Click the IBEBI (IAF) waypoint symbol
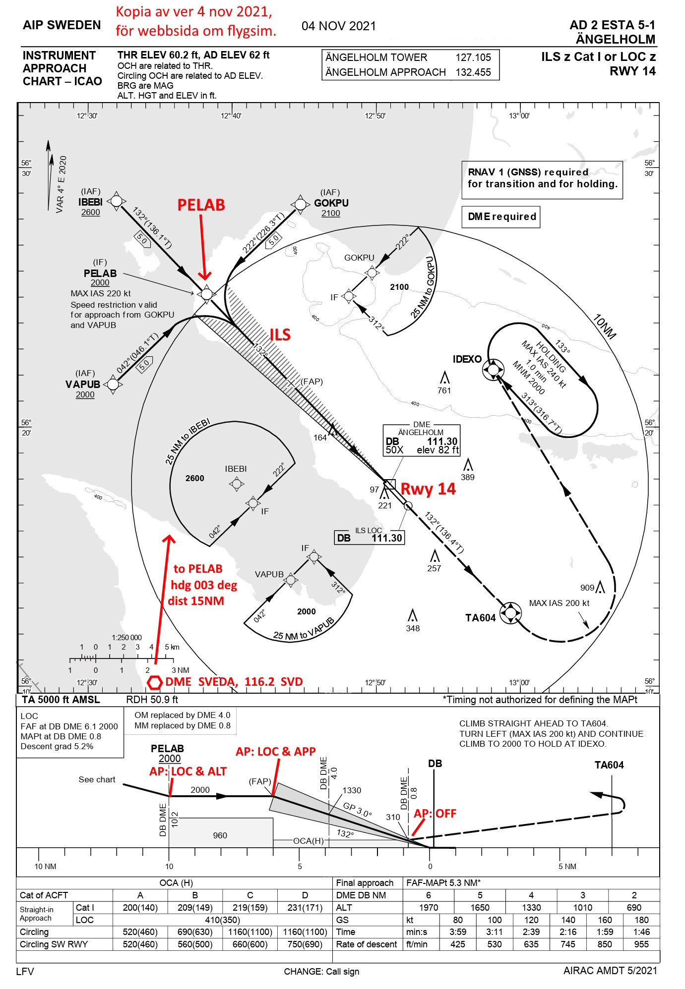coord(116,201)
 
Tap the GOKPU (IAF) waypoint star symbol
coord(300,204)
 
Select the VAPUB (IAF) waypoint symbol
coord(113,384)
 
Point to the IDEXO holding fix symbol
coord(493,369)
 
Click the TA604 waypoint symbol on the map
coord(510,613)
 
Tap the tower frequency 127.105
coord(473,57)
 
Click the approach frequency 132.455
coord(473,72)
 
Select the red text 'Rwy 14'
coord(428,489)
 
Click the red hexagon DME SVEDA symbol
coord(155,682)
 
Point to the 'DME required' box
coord(501,217)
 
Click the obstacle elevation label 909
coord(587,588)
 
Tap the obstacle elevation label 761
coord(444,390)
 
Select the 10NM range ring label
coord(604,327)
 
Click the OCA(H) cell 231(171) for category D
coord(305,907)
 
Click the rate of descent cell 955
coord(641,944)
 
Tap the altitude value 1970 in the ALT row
coord(428,907)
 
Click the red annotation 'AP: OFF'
coord(435,813)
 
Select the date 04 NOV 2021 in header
coord(339,26)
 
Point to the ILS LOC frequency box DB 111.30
coord(369,538)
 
